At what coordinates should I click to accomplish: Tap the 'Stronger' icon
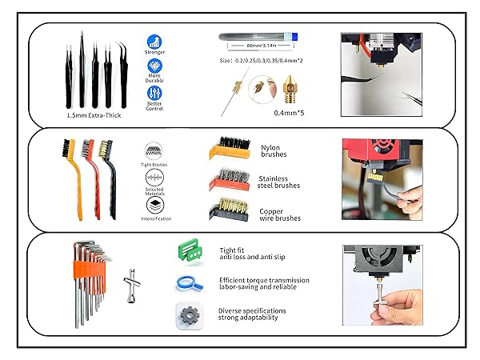(155, 42)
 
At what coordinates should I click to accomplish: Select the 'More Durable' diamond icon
(155, 67)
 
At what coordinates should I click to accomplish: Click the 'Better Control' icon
(155, 94)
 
